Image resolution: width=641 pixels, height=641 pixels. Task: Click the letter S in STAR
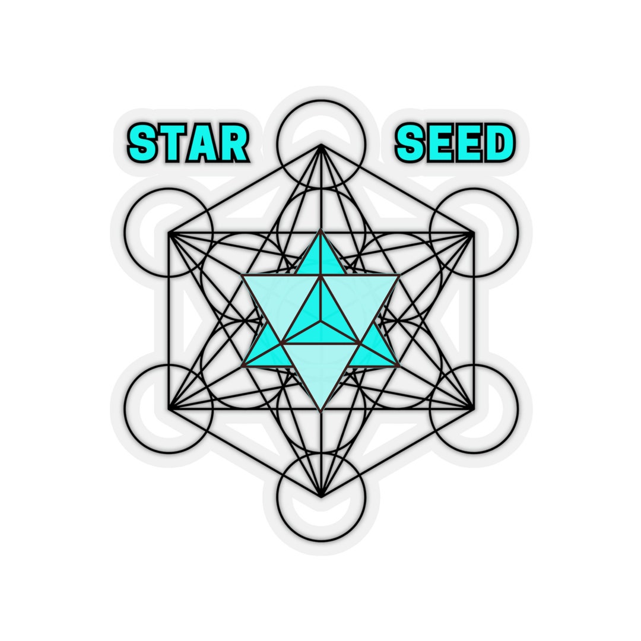tap(142, 144)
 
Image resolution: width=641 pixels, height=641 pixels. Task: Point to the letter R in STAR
tap(232, 144)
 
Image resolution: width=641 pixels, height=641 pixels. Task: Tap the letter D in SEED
tap(498, 144)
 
